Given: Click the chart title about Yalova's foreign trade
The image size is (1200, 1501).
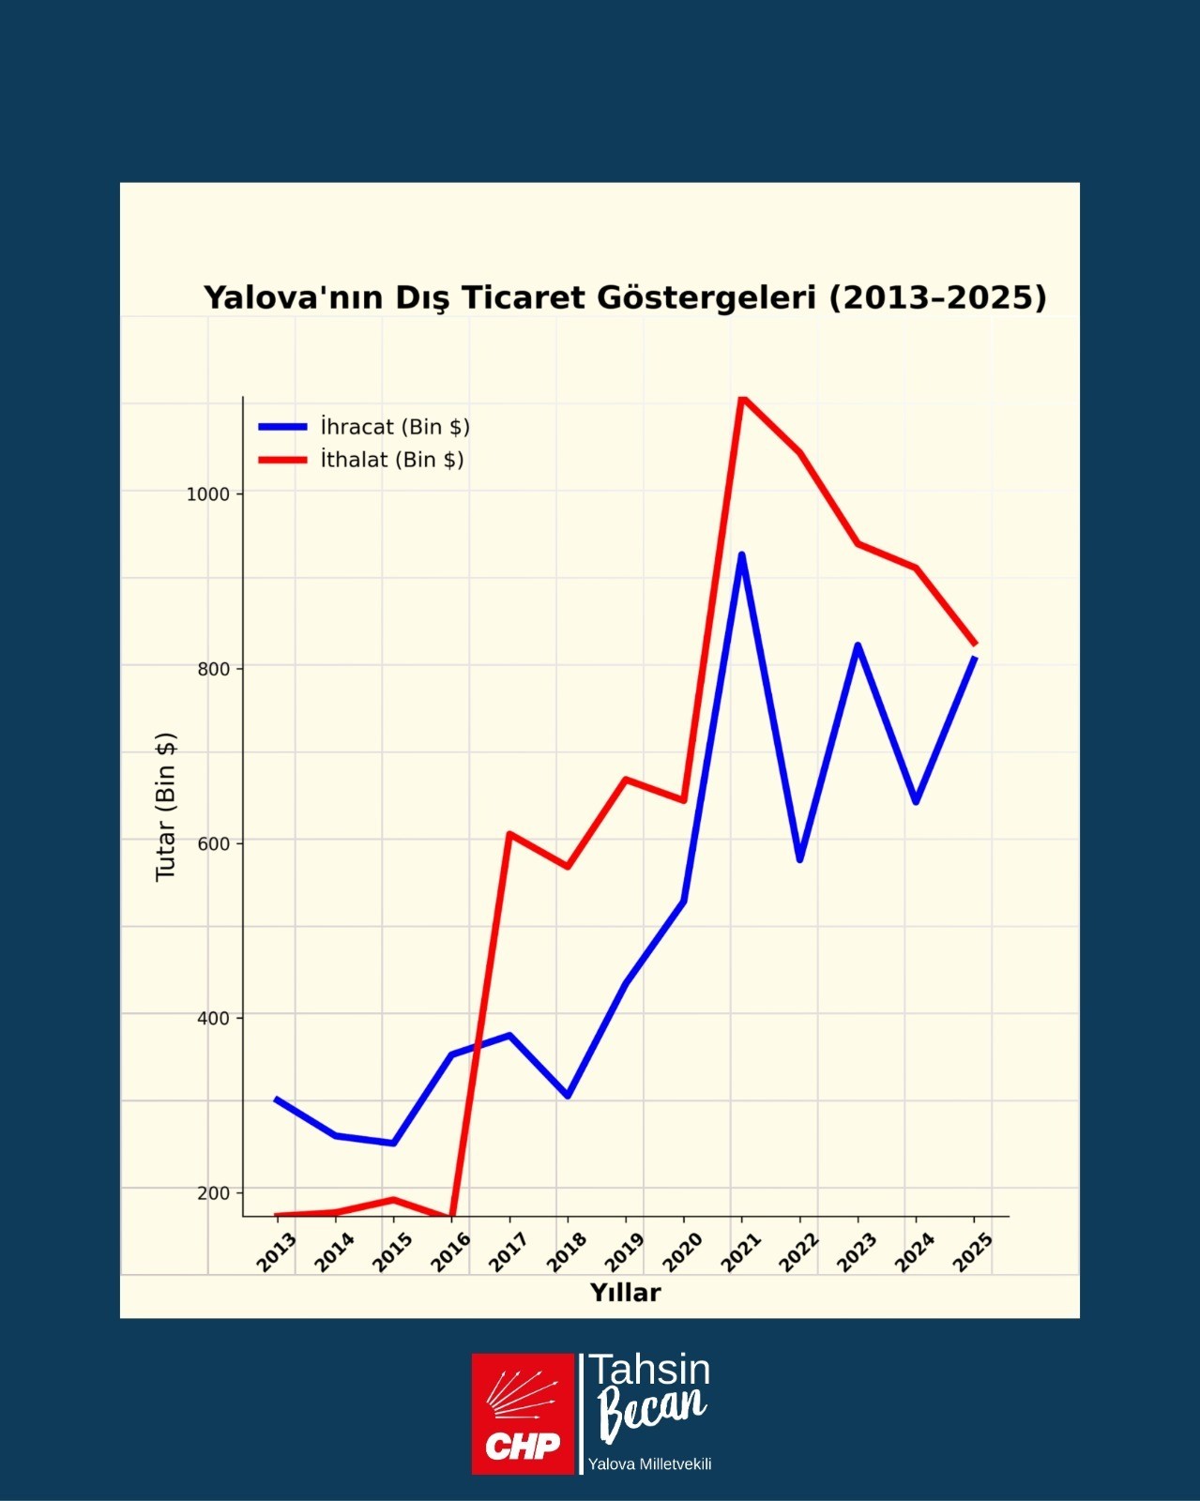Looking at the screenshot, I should click(x=625, y=297).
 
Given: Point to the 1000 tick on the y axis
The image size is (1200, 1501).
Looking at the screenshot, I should click(x=208, y=494).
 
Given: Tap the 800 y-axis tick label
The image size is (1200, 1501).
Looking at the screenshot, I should click(x=214, y=669).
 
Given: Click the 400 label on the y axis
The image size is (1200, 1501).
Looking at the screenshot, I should click(x=214, y=1018).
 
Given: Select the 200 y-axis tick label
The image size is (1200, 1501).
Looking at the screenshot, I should click(x=214, y=1193).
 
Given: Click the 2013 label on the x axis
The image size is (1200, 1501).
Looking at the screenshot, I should click(x=278, y=1251).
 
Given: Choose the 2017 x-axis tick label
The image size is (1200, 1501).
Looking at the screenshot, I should click(x=509, y=1251).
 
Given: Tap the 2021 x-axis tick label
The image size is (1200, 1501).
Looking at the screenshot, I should click(x=742, y=1251).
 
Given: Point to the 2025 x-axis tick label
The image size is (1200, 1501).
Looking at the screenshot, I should click(x=974, y=1251).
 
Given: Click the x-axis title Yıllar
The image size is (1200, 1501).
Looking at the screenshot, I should click(x=625, y=1293).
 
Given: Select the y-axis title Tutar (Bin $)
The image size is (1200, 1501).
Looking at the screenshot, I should click(x=166, y=807).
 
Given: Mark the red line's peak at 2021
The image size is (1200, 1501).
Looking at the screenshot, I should click(x=742, y=399).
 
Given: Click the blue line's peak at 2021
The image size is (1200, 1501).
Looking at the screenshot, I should click(x=742, y=554).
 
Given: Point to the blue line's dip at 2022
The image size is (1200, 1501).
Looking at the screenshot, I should click(x=799, y=859).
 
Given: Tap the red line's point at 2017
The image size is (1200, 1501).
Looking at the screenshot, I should click(x=509, y=833).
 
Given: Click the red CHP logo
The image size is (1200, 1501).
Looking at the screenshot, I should click(x=523, y=1413).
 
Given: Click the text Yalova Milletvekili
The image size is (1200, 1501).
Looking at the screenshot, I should click(x=649, y=1464).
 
